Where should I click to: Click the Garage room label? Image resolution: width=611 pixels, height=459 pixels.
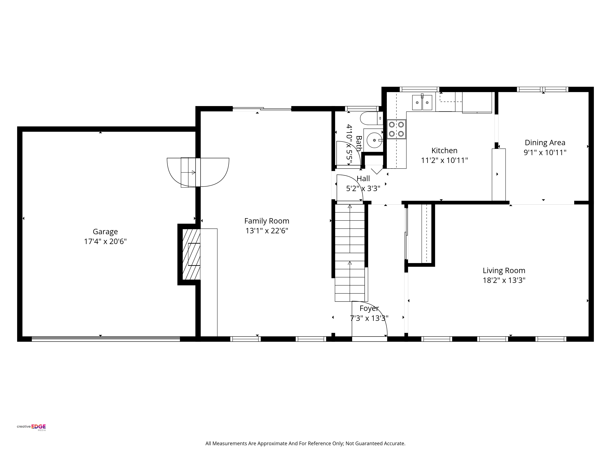tap(105, 232)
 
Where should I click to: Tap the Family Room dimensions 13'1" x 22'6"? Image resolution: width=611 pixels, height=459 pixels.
tap(267, 231)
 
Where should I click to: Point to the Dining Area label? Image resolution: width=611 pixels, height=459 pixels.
tap(545, 143)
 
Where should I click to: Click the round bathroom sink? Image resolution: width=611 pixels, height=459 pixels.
tap(375, 140)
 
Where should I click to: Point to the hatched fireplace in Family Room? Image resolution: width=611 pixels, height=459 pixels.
tap(191, 254)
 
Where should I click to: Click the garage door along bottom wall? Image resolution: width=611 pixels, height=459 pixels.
tap(106, 339)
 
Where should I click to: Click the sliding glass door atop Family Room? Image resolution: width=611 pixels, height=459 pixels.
tap(262, 109)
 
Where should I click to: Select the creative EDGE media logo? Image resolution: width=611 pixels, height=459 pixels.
tap(31, 427)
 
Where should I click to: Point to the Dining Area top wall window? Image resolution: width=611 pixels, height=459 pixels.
tap(543, 89)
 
